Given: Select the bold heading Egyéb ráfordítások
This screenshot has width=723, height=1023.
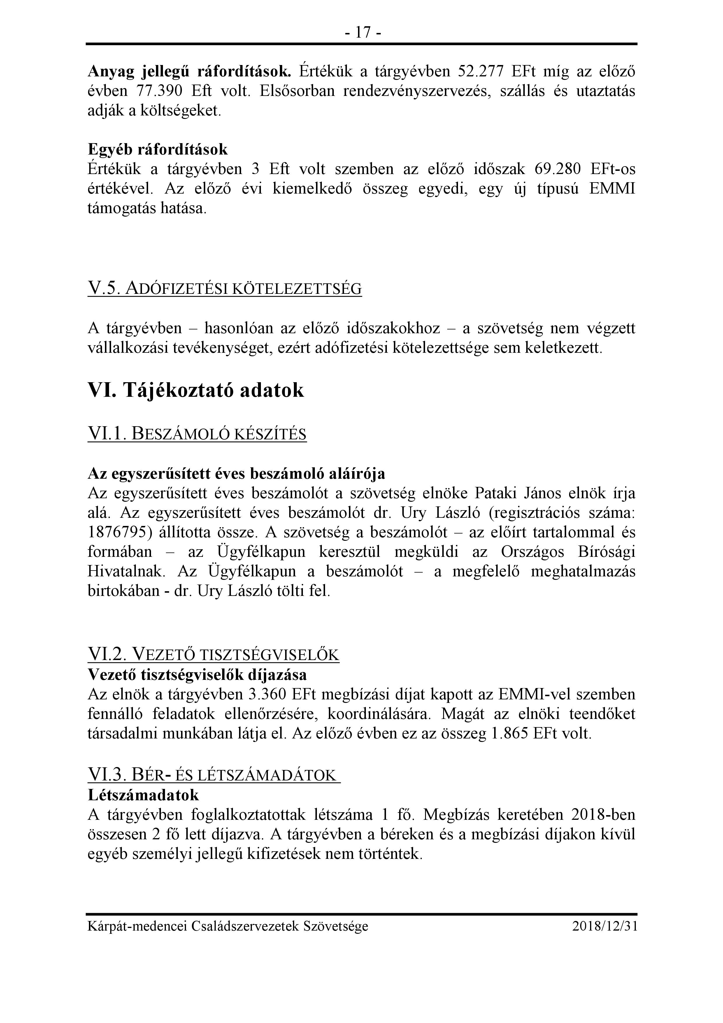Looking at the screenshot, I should point(158,149).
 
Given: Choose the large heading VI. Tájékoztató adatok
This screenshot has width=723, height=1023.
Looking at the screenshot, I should point(196,390).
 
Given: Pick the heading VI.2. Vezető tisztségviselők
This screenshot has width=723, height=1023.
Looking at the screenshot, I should point(213,654).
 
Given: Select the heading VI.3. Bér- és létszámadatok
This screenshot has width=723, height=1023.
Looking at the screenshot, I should point(213,776).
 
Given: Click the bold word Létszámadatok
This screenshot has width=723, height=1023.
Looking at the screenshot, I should point(143,795).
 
